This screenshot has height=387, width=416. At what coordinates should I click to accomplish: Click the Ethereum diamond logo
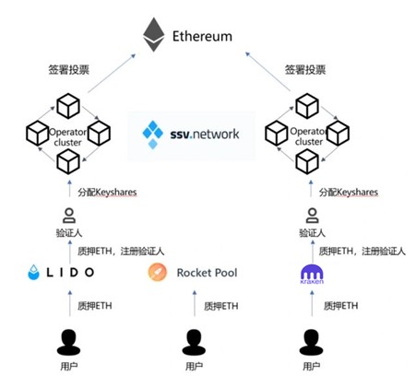tap(153, 37)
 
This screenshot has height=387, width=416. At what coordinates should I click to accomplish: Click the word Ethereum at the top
tap(203, 38)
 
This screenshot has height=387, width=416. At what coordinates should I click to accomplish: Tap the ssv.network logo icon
tap(153, 134)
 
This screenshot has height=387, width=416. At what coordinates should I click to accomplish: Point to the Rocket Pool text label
tap(208, 274)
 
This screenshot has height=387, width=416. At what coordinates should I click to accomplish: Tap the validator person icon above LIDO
tap(65, 217)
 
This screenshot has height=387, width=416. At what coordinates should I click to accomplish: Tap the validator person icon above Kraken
tap(309, 217)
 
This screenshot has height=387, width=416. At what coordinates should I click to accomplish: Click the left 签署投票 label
tap(66, 69)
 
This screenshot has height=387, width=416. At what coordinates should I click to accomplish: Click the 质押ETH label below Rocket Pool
tap(221, 305)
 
